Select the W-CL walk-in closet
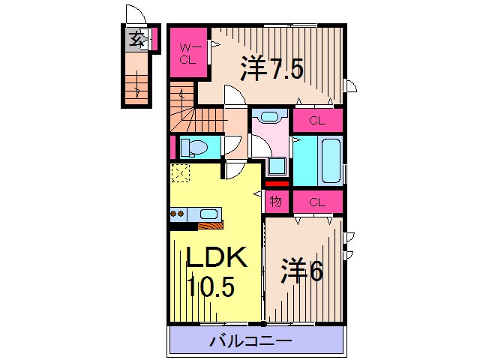pos(187,52)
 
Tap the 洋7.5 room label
pos(271,70)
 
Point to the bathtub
pos(329,159)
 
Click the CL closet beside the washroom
pos(317,120)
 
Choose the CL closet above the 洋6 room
pos(317,201)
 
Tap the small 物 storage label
pos(276,200)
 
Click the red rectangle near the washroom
pos(276,182)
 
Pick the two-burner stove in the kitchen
pos(178,214)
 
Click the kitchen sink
pos(209,214)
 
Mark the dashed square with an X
pos(180,173)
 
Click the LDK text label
pos(216,259)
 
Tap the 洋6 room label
pos(301,271)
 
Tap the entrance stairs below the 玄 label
pos(136,82)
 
